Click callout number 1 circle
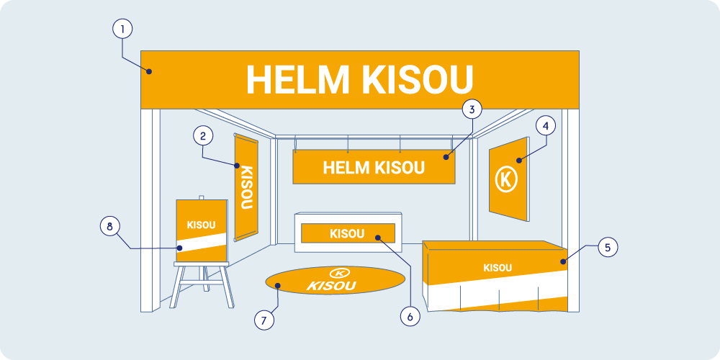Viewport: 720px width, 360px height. (123, 29)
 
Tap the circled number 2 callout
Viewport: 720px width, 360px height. (204, 135)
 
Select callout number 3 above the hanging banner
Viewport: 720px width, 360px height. (471, 110)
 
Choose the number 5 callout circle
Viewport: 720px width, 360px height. (607, 247)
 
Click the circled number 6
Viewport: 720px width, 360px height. (409, 315)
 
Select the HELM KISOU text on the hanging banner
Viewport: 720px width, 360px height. (374, 168)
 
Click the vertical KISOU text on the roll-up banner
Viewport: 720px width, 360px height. (246, 187)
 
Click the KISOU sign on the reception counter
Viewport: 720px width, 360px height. (347, 233)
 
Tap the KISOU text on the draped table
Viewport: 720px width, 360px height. (498, 268)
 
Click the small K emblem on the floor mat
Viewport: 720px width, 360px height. (338, 273)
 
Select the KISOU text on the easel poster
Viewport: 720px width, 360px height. (201, 225)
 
